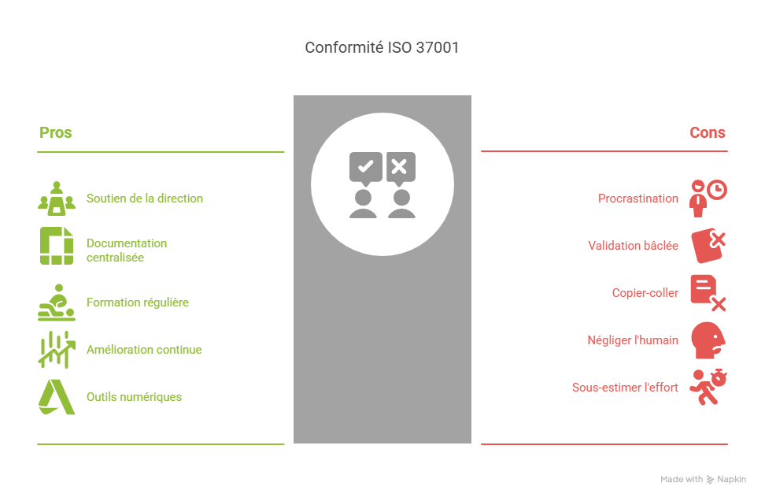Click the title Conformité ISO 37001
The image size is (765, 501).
pyautogui.click(x=382, y=48)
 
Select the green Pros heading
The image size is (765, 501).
pyautogui.click(x=56, y=132)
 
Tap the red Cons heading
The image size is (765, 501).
pyautogui.click(x=707, y=132)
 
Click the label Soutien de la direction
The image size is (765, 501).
pyautogui.click(x=144, y=199)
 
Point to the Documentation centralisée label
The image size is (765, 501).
pyautogui.click(x=126, y=250)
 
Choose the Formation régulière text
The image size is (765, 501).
pyautogui.click(x=137, y=302)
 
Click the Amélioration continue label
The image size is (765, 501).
pyautogui.click(x=143, y=350)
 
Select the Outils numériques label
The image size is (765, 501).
pyautogui.click(x=134, y=397)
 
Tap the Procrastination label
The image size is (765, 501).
pyautogui.click(x=637, y=199)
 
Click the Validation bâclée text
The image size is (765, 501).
pyautogui.click(x=633, y=246)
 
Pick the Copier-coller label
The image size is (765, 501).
pyautogui.click(x=645, y=293)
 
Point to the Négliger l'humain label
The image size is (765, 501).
pyautogui.click(x=633, y=340)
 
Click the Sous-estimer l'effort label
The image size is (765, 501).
pyautogui.click(x=625, y=388)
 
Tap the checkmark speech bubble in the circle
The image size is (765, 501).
pyautogui.click(x=366, y=167)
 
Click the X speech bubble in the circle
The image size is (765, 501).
pyautogui.click(x=399, y=167)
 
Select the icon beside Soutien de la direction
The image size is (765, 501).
pyautogui.click(x=56, y=199)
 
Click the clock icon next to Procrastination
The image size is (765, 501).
pyautogui.click(x=716, y=190)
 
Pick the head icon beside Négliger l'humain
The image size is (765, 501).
pyautogui.click(x=708, y=340)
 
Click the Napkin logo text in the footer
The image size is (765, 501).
pyautogui.click(x=731, y=479)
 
